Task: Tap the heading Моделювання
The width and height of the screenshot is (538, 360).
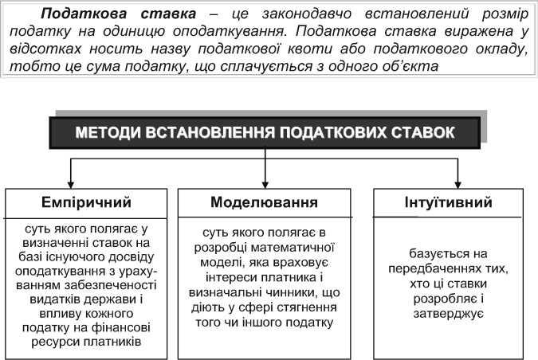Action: [x=264, y=202]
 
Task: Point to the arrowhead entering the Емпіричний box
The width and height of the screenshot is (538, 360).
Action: [x=72, y=183]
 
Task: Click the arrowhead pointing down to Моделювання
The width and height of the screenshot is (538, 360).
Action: [x=265, y=183]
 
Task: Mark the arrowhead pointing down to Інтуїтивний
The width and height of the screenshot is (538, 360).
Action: [x=457, y=183]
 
